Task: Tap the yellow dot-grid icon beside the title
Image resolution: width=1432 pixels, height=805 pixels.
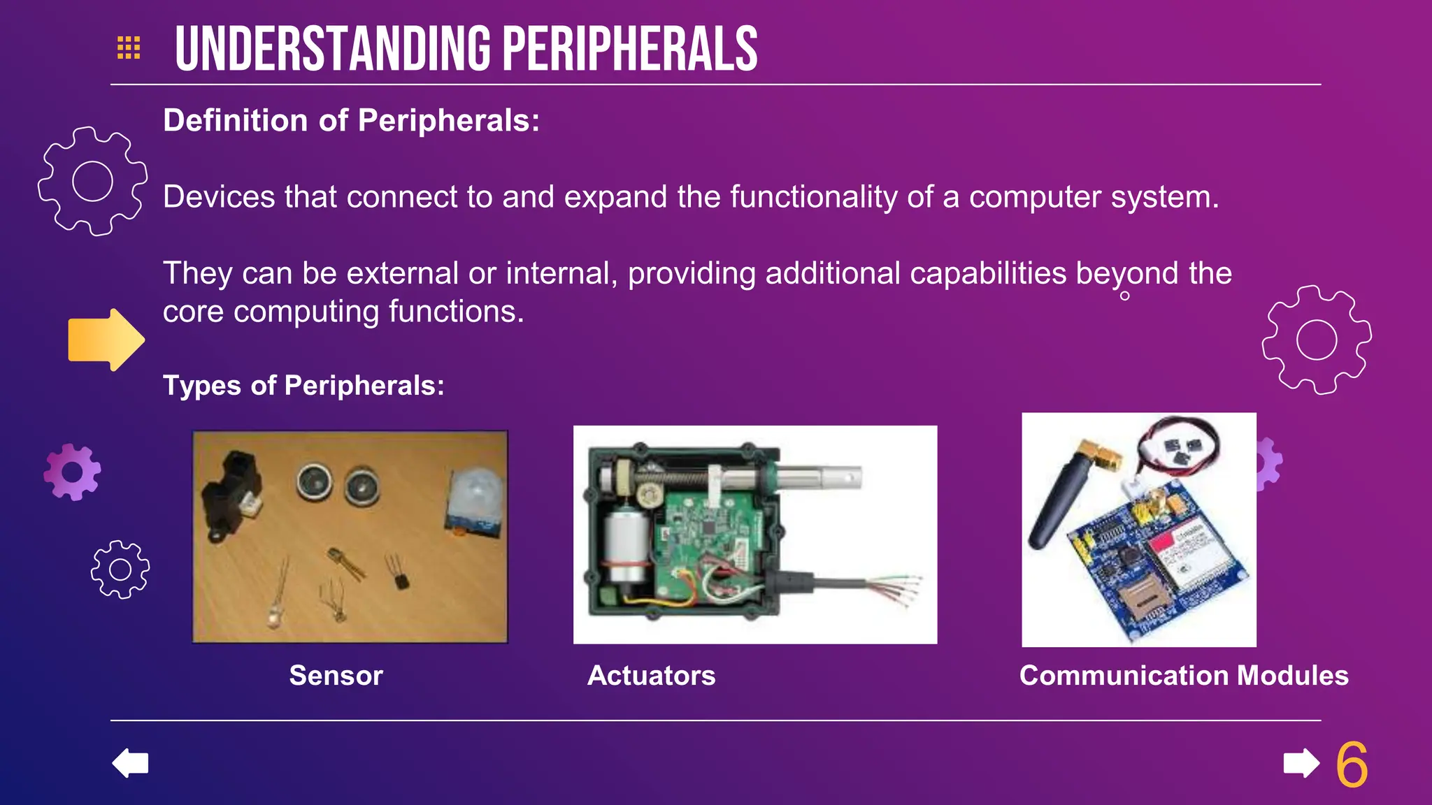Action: point(129,48)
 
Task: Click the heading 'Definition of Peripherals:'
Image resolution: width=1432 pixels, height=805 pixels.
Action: point(351,120)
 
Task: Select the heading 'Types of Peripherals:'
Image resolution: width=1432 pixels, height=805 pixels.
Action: point(303,385)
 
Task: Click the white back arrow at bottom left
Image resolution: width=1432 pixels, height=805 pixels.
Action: point(131,762)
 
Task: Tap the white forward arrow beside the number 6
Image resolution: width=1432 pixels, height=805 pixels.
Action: point(1301,763)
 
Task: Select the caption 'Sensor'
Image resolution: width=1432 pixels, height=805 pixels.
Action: point(336,675)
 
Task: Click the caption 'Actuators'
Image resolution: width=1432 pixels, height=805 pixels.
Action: point(651,675)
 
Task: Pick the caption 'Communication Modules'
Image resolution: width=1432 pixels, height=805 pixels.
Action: point(1184,675)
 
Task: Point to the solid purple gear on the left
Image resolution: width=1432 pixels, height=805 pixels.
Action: point(72,472)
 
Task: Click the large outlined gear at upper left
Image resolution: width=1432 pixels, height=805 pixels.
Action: point(92,182)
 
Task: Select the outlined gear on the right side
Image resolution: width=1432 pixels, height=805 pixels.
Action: point(1317,340)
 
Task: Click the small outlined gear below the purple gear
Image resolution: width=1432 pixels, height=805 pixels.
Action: point(120,570)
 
